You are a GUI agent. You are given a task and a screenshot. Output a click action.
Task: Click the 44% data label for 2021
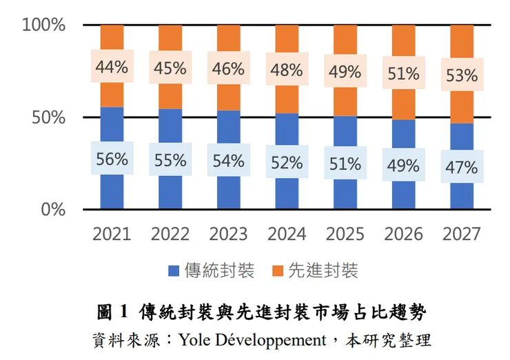click(112, 67)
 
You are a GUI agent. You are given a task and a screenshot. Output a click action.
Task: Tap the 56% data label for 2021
click(112, 159)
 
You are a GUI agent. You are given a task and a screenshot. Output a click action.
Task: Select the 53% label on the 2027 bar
click(462, 75)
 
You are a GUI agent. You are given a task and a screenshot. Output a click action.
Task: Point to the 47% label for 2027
click(462, 168)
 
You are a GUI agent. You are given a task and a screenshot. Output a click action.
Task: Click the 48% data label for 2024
click(287, 70)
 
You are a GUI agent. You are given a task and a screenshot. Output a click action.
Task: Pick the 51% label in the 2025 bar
click(345, 164)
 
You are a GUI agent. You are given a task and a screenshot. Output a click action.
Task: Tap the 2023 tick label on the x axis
click(228, 234)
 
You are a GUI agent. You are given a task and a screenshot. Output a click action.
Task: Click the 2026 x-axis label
click(403, 234)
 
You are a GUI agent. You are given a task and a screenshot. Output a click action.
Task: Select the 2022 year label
click(170, 234)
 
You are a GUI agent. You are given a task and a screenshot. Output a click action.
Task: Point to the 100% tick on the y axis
click(43, 26)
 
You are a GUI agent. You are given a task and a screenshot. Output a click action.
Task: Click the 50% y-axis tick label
click(48, 117)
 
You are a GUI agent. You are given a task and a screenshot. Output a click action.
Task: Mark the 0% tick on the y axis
click(53, 210)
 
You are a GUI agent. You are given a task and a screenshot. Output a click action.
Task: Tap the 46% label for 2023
click(228, 69)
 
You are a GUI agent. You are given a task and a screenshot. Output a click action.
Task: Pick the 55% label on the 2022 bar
click(170, 161)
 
